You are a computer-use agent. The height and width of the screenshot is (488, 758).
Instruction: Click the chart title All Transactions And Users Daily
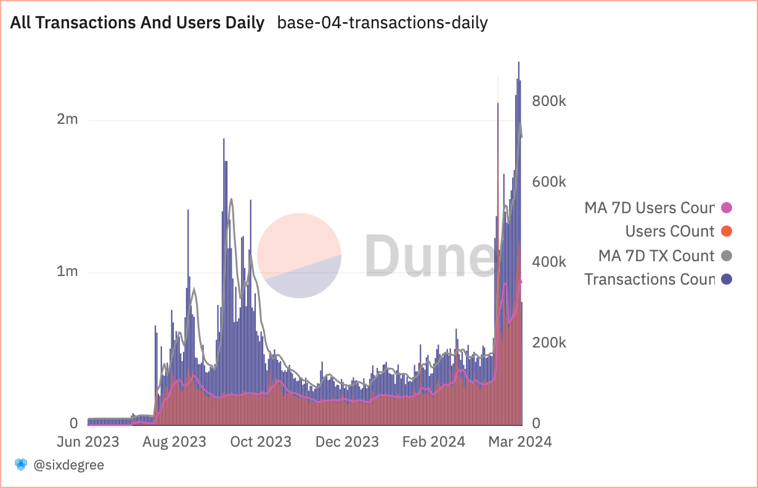pyautogui.click(x=137, y=23)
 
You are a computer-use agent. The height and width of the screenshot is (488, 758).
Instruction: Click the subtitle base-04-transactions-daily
pyautogui.click(x=382, y=23)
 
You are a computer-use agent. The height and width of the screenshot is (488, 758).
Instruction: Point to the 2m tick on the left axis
pyautogui.click(x=67, y=119)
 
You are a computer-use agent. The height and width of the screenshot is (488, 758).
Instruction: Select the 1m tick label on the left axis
pyautogui.click(x=67, y=271)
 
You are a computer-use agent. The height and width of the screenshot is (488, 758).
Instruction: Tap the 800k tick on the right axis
pyautogui.click(x=548, y=101)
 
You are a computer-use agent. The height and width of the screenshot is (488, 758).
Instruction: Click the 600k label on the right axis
pyautogui.click(x=548, y=182)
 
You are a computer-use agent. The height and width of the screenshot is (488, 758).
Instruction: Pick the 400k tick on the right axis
pyautogui.click(x=548, y=262)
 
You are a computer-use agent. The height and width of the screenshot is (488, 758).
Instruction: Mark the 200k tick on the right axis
pyautogui.click(x=548, y=343)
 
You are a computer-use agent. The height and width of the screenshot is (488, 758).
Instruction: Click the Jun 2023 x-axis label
pyautogui.click(x=88, y=442)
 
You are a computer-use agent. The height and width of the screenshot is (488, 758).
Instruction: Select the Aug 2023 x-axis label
pyautogui.click(x=174, y=442)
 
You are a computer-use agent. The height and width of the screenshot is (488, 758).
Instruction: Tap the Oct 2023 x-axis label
pyautogui.click(x=261, y=442)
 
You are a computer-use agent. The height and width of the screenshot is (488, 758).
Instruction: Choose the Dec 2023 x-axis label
pyautogui.click(x=347, y=442)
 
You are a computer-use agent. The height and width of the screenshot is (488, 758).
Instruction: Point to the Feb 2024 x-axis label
pyautogui.click(x=433, y=442)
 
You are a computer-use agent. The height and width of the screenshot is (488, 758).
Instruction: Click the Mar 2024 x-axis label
pyautogui.click(x=520, y=442)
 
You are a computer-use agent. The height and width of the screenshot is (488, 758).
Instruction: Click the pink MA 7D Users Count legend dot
pyautogui.click(x=727, y=208)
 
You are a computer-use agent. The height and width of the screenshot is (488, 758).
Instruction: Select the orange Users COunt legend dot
pyautogui.click(x=727, y=232)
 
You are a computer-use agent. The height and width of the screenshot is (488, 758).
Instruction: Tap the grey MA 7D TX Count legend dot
pyautogui.click(x=727, y=256)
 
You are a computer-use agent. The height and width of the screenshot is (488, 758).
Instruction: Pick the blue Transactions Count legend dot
pyautogui.click(x=727, y=280)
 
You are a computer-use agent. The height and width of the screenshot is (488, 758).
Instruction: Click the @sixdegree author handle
pyautogui.click(x=68, y=465)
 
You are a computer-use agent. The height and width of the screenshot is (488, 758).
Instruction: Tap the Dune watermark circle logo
pyautogui.click(x=299, y=256)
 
